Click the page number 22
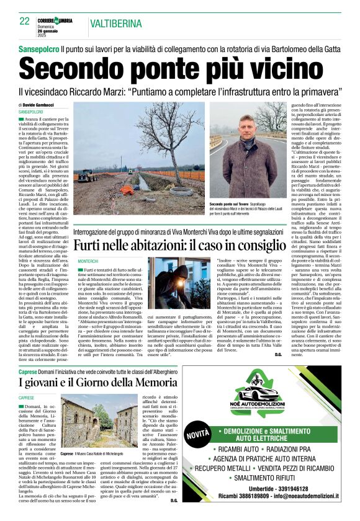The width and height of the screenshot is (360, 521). pyautogui.click(x=25, y=20)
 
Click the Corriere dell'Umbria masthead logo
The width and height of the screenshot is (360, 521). pyautogui.click(x=55, y=20)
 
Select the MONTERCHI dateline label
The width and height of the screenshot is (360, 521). pyautogui.click(x=88, y=262)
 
